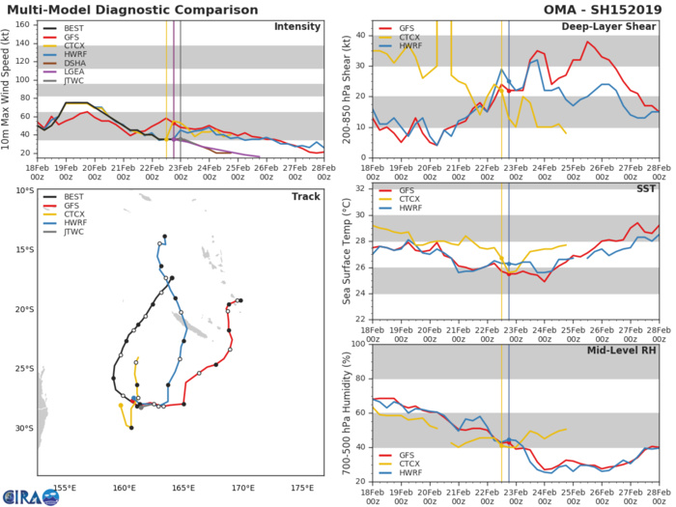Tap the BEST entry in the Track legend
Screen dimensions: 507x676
pos(74,199)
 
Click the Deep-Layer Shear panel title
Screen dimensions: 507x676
pos(621,26)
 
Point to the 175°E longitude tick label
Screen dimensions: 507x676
pos(302,488)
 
